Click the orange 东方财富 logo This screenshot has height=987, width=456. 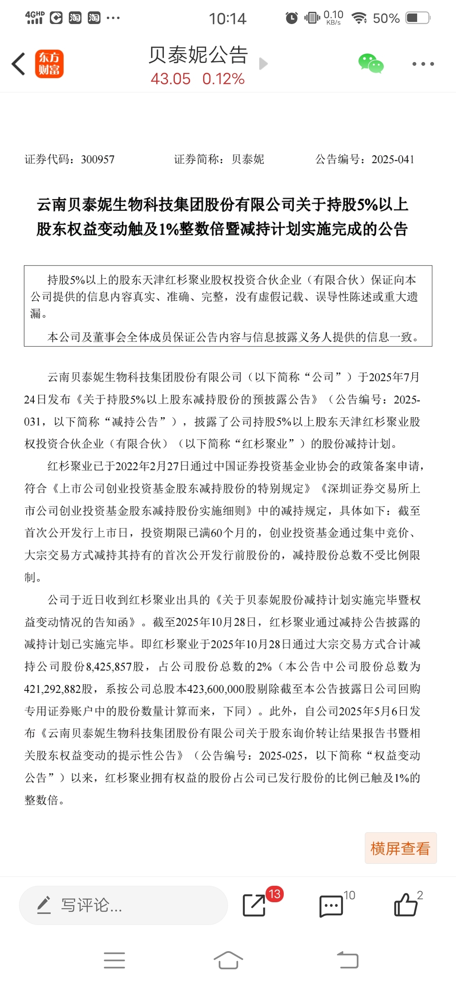click(49, 64)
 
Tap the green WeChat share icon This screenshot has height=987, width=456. click(371, 64)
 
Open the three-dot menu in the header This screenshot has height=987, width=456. click(423, 64)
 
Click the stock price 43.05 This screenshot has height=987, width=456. click(171, 79)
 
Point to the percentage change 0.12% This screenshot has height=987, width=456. click(223, 79)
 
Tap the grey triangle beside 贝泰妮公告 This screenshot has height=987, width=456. click(263, 64)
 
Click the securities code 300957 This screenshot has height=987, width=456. click(98, 159)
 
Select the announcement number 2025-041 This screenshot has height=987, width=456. click(393, 159)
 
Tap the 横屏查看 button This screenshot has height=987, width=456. click(400, 848)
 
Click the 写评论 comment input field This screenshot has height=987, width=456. click(123, 905)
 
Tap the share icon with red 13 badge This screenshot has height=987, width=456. click(254, 905)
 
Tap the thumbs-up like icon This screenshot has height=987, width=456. click(405, 905)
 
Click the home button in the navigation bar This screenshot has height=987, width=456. click(228, 960)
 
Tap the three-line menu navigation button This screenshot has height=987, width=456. click(114, 960)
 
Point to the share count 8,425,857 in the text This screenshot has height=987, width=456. click(109, 667)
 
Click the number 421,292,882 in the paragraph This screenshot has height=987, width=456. click(52, 689)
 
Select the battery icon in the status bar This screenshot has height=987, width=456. click(418, 18)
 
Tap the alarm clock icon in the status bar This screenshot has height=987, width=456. click(291, 18)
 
